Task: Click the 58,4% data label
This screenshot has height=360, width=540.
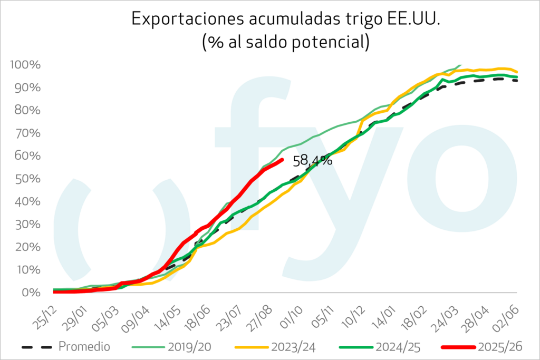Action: click(x=312, y=160)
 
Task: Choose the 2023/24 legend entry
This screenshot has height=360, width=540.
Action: click(x=294, y=347)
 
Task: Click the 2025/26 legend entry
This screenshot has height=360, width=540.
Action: click(x=498, y=347)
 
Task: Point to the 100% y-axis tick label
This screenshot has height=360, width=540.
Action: click(x=25, y=65)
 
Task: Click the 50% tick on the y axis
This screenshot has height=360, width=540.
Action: click(x=27, y=179)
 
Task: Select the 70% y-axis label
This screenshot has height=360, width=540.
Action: click(x=27, y=133)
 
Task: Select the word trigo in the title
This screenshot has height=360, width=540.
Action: click(x=346, y=20)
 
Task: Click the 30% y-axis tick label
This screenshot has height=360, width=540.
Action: click(x=27, y=224)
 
